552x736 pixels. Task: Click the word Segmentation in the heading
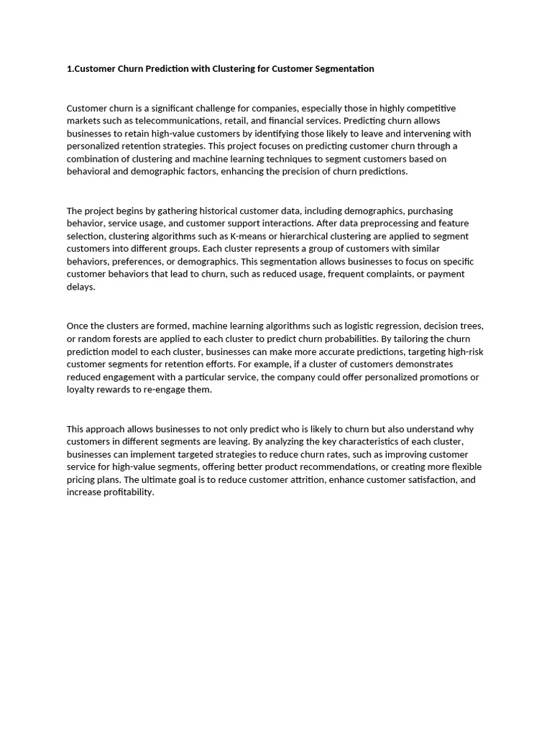click(x=342, y=69)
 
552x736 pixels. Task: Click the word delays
click(x=80, y=287)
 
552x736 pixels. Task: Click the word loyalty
click(x=81, y=390)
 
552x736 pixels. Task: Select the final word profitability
click(x=129, y=492)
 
